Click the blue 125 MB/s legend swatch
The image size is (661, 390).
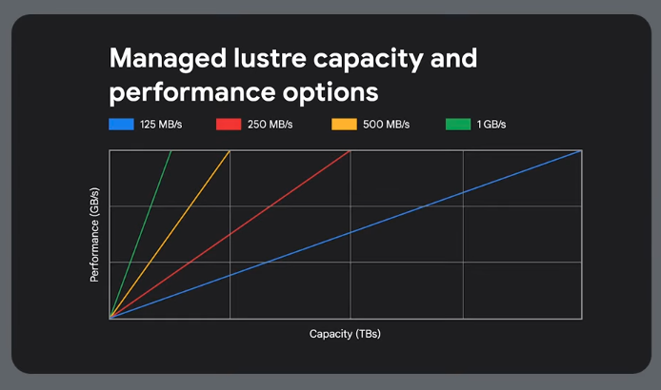click(121, 125)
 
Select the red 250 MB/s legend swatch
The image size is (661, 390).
click(229, 125)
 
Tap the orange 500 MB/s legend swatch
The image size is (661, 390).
click(343, 125)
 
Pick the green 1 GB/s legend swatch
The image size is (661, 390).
click(458, 125)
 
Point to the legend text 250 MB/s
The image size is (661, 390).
click(270, 125)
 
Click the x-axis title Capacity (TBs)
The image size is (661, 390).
click(345, 334)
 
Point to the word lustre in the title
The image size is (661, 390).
click(260, 59)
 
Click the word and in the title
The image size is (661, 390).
click(447, 59)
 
